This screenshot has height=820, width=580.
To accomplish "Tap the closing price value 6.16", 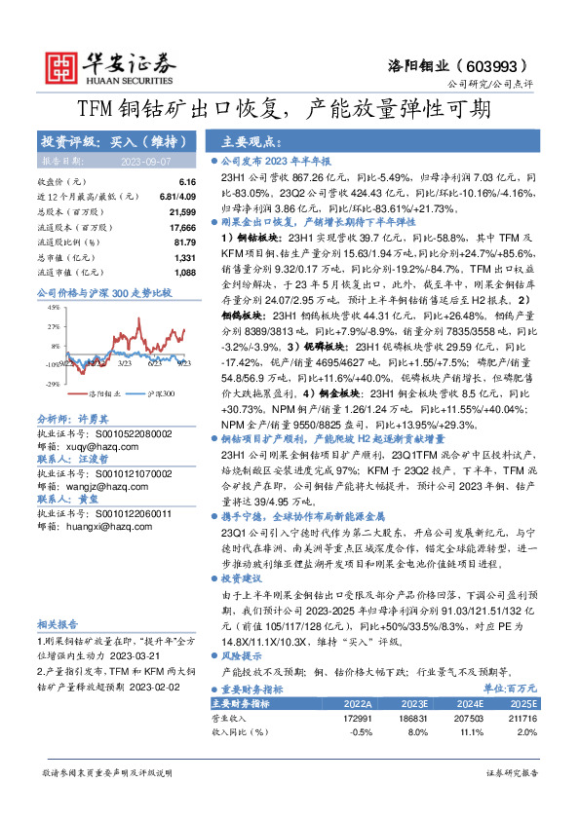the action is (187, 182).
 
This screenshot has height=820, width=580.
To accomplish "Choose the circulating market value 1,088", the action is (184, 272).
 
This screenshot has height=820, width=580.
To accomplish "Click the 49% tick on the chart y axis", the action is (57, 307).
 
